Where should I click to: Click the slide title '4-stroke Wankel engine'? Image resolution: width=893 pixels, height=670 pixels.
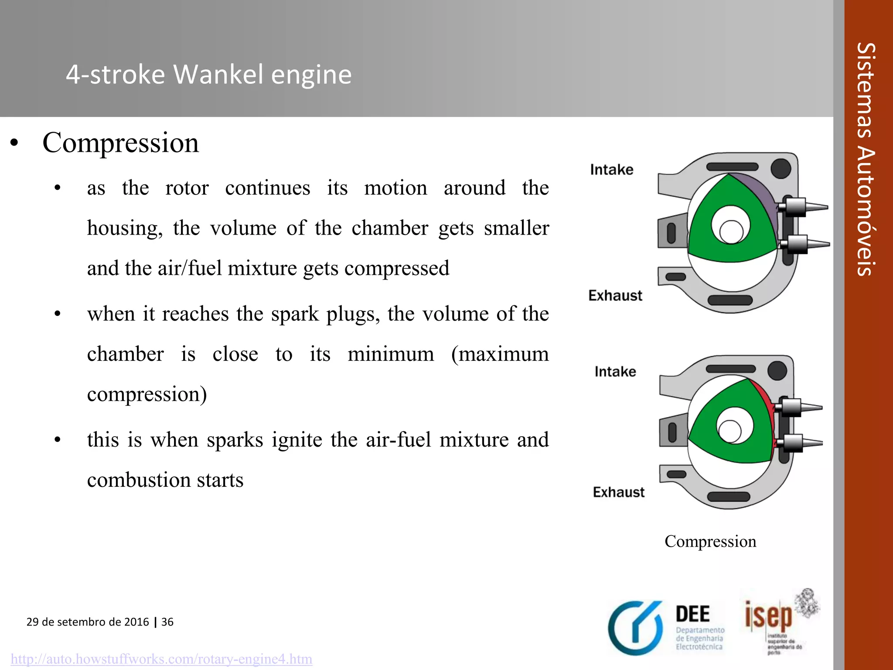pyautogui.click(x=208, y=74)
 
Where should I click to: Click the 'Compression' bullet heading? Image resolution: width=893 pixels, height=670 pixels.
pyautogui.click(x=120, y=143)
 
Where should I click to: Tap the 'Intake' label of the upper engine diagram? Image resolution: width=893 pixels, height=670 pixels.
pyautogui.click(x=611, y=170)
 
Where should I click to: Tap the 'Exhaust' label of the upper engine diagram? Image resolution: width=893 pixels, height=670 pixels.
pyautogui.click(x=615, y=296)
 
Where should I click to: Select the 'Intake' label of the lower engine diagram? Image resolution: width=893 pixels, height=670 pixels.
pyautogui.click(x=615, y=372)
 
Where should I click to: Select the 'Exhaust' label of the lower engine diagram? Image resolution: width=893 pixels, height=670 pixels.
pyautogui.click(x=618, y=492)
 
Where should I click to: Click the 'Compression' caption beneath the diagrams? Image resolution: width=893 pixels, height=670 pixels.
pyautogui.click(x=710, y=541)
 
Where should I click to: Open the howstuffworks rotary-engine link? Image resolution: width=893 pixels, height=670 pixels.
pyautogui.click(x=161, y=659)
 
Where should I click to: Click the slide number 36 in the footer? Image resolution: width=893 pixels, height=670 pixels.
pyautogui.click(x=167, y=622)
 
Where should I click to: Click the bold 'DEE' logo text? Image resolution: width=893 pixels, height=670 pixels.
pyautogui.click(x=692, y=614)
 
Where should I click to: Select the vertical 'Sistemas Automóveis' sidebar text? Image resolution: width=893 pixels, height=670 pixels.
pyautogui.click(x=865, y=159)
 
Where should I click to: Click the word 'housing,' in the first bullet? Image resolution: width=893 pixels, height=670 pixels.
pyautogui.click(x=125, y=228)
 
